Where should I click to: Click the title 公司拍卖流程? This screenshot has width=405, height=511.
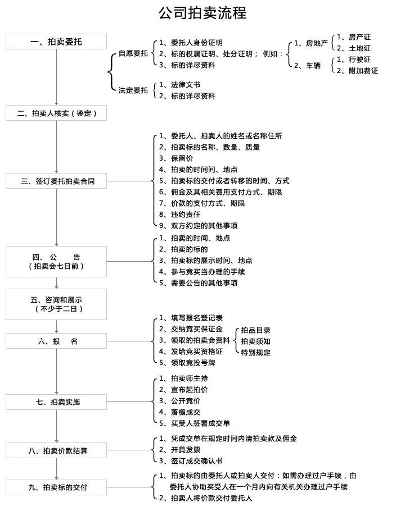click(202, 13)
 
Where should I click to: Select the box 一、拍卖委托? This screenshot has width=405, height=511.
click(56, 42)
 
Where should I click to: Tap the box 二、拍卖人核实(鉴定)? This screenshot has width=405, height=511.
click(56, 113)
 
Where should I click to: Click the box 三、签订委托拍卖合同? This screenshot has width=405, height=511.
click(56, 181)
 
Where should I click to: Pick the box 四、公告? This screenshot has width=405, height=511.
click(56, 261)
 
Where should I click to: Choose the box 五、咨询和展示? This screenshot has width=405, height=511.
click(56, 304)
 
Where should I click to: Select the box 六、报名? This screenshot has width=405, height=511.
click(56, 341)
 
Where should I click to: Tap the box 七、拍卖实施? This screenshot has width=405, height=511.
click(56, 402)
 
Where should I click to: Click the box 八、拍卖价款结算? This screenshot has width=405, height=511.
click(56, 450)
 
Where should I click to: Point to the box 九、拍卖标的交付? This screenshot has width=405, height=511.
click(56, 487)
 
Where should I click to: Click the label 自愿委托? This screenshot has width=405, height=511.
click(133, 54)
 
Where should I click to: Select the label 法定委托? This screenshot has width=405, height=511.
click(133, 90)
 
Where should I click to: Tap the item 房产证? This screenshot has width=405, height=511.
click(354, 37)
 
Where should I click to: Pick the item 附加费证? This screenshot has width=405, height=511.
click(358, 71)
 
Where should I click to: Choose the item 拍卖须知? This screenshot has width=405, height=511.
click(256, 341)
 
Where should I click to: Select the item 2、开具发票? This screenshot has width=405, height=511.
click(179, 450)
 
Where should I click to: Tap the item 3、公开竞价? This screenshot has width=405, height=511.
click(179, 401)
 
